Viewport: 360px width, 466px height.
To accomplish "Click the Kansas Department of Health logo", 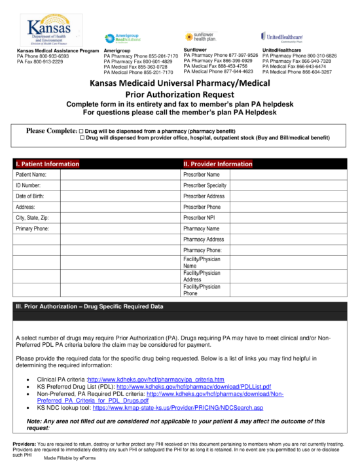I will pos(47,29).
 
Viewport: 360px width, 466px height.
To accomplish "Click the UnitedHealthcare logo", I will pos(284,37).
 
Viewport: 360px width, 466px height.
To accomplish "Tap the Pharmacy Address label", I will pos(204,239).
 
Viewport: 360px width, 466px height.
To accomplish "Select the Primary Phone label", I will pos(32,228).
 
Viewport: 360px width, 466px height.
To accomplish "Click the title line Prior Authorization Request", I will pos(180,95).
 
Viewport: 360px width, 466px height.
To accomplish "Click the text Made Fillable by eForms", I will pos(70,459).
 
